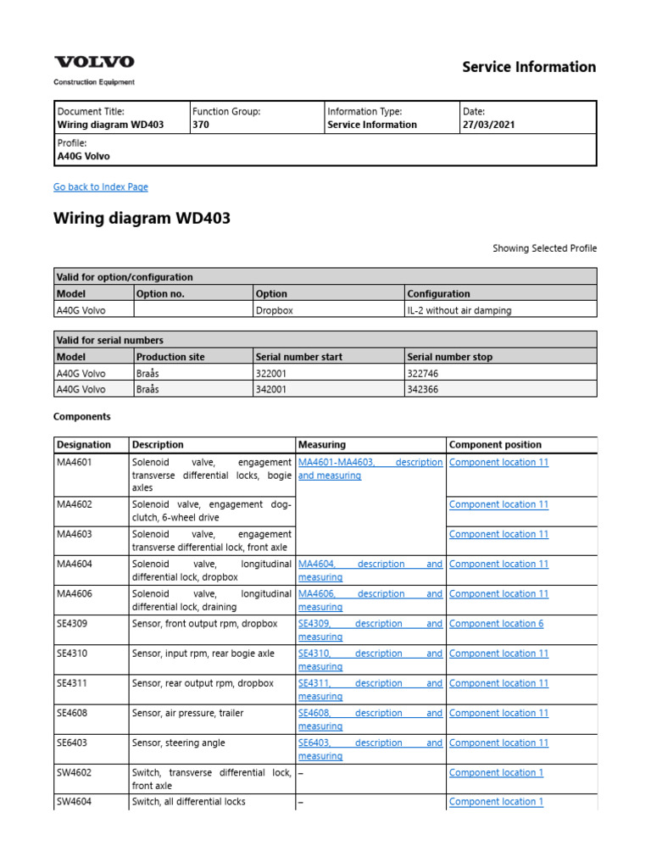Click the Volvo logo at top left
click(x=94, y=62)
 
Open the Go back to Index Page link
click(x=100, y=186)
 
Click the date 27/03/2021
click(x=488, y=125)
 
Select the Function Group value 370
click(x=201, y=125)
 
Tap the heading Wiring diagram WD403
click(x=142, y=219)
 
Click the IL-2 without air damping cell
click(x=459, y=310)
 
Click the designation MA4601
click(x=75, y=462)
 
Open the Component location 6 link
click(x=496, y=624)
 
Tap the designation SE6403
click(x=72, y=743)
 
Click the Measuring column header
click(x=321, y=444)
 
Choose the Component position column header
click(x=495, y=444)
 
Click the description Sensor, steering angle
click(x=179, y=743)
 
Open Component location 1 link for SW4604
click(x=496, y=801)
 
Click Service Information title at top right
click(x=529, y=67)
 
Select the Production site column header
click(x=170, y=357)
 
